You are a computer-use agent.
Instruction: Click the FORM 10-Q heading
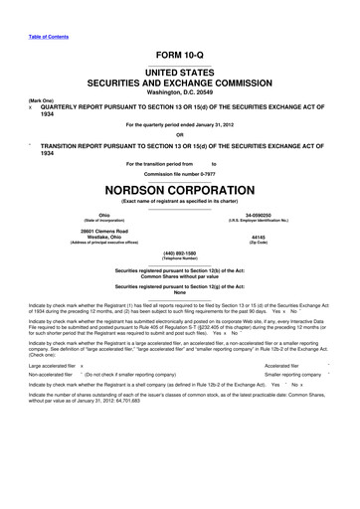click(179, 58)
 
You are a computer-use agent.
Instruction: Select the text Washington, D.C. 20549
click(179, 90)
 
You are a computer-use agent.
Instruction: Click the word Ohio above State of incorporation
click(104, 211)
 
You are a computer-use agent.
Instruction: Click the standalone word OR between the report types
click(179, 136)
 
